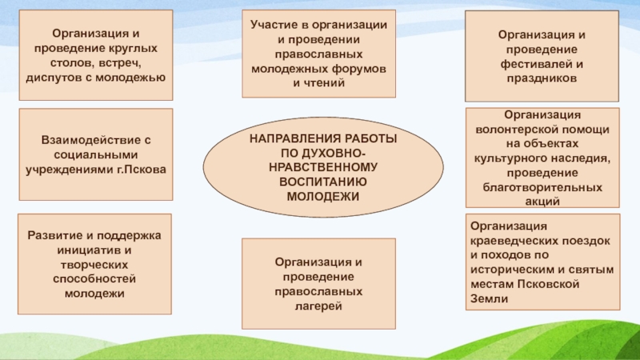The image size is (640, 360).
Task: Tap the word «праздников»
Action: point(542,78)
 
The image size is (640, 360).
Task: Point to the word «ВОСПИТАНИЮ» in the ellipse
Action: point(323,182)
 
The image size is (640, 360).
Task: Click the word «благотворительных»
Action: point(542,187)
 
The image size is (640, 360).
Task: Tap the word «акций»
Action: point(542,202)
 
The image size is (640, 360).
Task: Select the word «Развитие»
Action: point(53,236)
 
